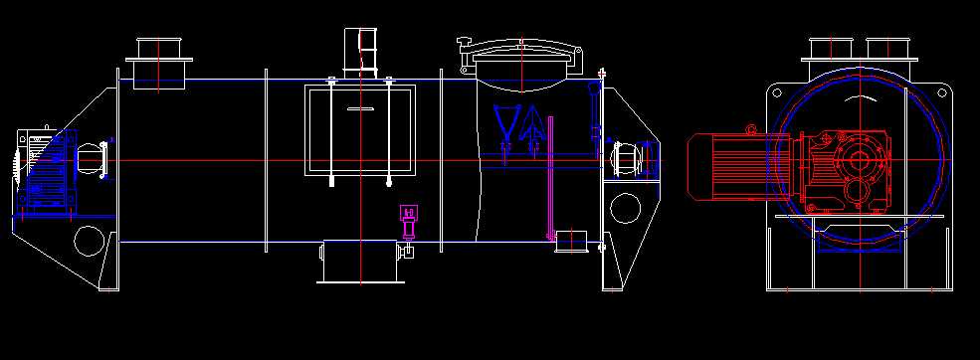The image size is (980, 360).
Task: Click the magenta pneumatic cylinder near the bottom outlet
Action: pos(408,221)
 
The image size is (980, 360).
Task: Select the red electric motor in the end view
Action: pos(731,166)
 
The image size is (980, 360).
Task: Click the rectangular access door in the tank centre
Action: pos(360,128)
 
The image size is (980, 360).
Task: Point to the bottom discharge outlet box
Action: pos(360,262)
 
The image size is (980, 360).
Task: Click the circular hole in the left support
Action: pos(89,240)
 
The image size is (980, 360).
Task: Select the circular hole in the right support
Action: pos(625,208)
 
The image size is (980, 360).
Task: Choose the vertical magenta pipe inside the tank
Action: pos(548,179)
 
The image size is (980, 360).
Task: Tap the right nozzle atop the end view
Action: pos(887,49)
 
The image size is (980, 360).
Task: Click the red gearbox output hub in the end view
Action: pos(856,159)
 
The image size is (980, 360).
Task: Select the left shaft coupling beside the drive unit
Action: pos(93,160)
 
